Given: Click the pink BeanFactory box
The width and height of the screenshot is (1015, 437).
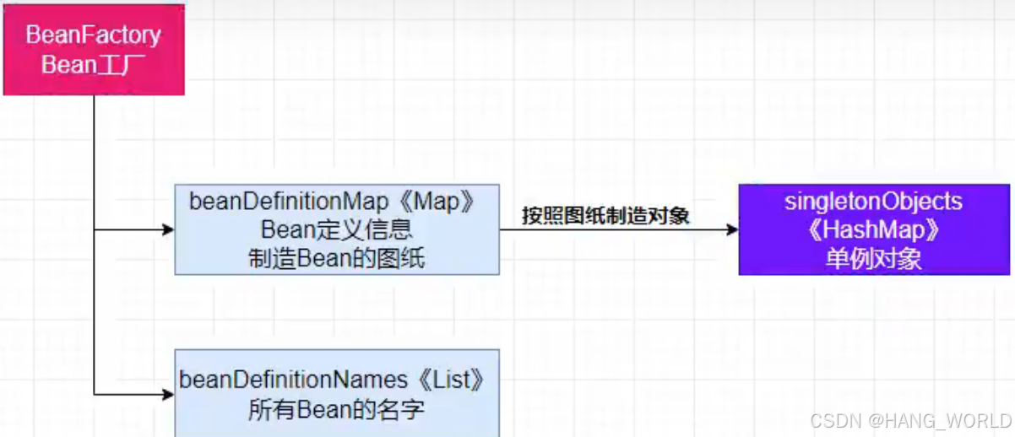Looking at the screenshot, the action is [x=94, y=49].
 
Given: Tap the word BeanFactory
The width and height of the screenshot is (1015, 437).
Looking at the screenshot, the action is [x=94, y=35].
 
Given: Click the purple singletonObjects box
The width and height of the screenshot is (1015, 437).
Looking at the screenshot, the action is [x=874, y=229].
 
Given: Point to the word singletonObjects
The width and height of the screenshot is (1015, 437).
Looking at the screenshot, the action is [x=873, y=202].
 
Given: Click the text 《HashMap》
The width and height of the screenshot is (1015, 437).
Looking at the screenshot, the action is [x=873, y=229].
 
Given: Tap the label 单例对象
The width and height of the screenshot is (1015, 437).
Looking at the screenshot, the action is [x=873, y=258].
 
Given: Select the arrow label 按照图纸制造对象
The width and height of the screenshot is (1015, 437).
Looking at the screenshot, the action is [x=605, y=216].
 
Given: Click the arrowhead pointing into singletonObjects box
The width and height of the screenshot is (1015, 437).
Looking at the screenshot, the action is [x=731, y=229].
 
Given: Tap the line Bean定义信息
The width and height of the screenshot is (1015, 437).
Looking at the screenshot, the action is [x=336, y=229].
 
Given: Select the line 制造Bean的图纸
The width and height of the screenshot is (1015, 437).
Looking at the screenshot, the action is [x=336, y=258].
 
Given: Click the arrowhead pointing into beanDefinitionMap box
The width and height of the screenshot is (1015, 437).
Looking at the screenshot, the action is [x=168, y=229].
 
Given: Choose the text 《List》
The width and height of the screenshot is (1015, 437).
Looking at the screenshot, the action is [x=460, y=380].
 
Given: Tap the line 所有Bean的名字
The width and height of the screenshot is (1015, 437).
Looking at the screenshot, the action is [x=336, y=410].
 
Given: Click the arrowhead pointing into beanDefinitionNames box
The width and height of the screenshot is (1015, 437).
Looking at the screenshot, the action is [x=168, y=394].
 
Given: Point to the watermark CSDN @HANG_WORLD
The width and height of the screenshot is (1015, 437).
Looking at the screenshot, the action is [x=909, y=420].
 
